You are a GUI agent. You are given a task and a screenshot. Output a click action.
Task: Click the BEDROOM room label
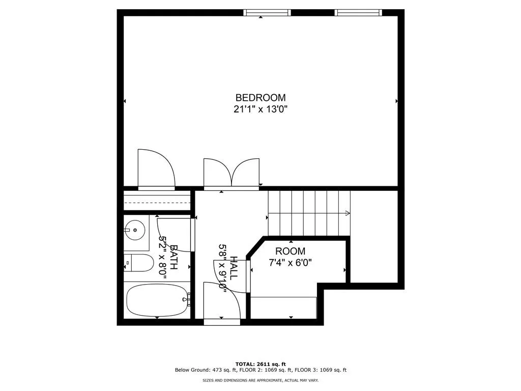(260, 97)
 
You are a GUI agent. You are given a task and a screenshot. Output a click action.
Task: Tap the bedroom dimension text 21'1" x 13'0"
(260, 108)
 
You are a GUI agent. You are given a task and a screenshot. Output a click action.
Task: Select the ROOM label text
(290, 251)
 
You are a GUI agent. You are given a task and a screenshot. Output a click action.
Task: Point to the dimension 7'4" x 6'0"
(290, 263)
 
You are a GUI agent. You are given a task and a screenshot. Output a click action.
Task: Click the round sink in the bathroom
(135, 230)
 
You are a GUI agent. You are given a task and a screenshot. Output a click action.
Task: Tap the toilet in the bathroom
(140, 263)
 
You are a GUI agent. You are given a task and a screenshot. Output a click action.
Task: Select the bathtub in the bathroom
(156, 300)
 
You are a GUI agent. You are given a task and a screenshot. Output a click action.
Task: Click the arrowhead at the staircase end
(348, 213)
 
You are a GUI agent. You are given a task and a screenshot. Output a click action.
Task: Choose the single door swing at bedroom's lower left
(155, 168)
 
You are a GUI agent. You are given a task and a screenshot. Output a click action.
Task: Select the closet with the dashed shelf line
(157, 202)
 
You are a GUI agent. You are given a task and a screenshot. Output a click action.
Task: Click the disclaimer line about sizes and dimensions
(260, 380)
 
